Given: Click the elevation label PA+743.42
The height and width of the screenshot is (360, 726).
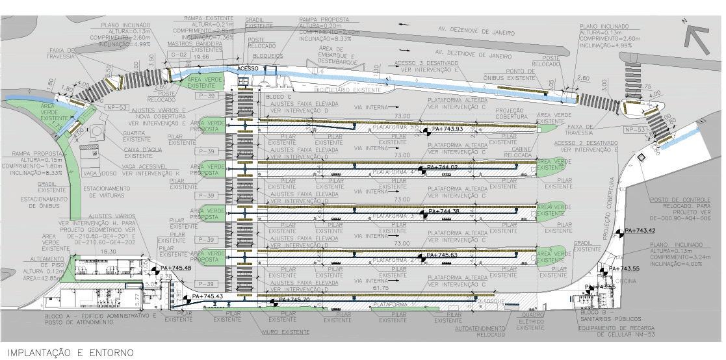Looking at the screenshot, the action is tap(640, 231).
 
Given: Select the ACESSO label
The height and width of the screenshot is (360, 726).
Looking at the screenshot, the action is tap(247, 68).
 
